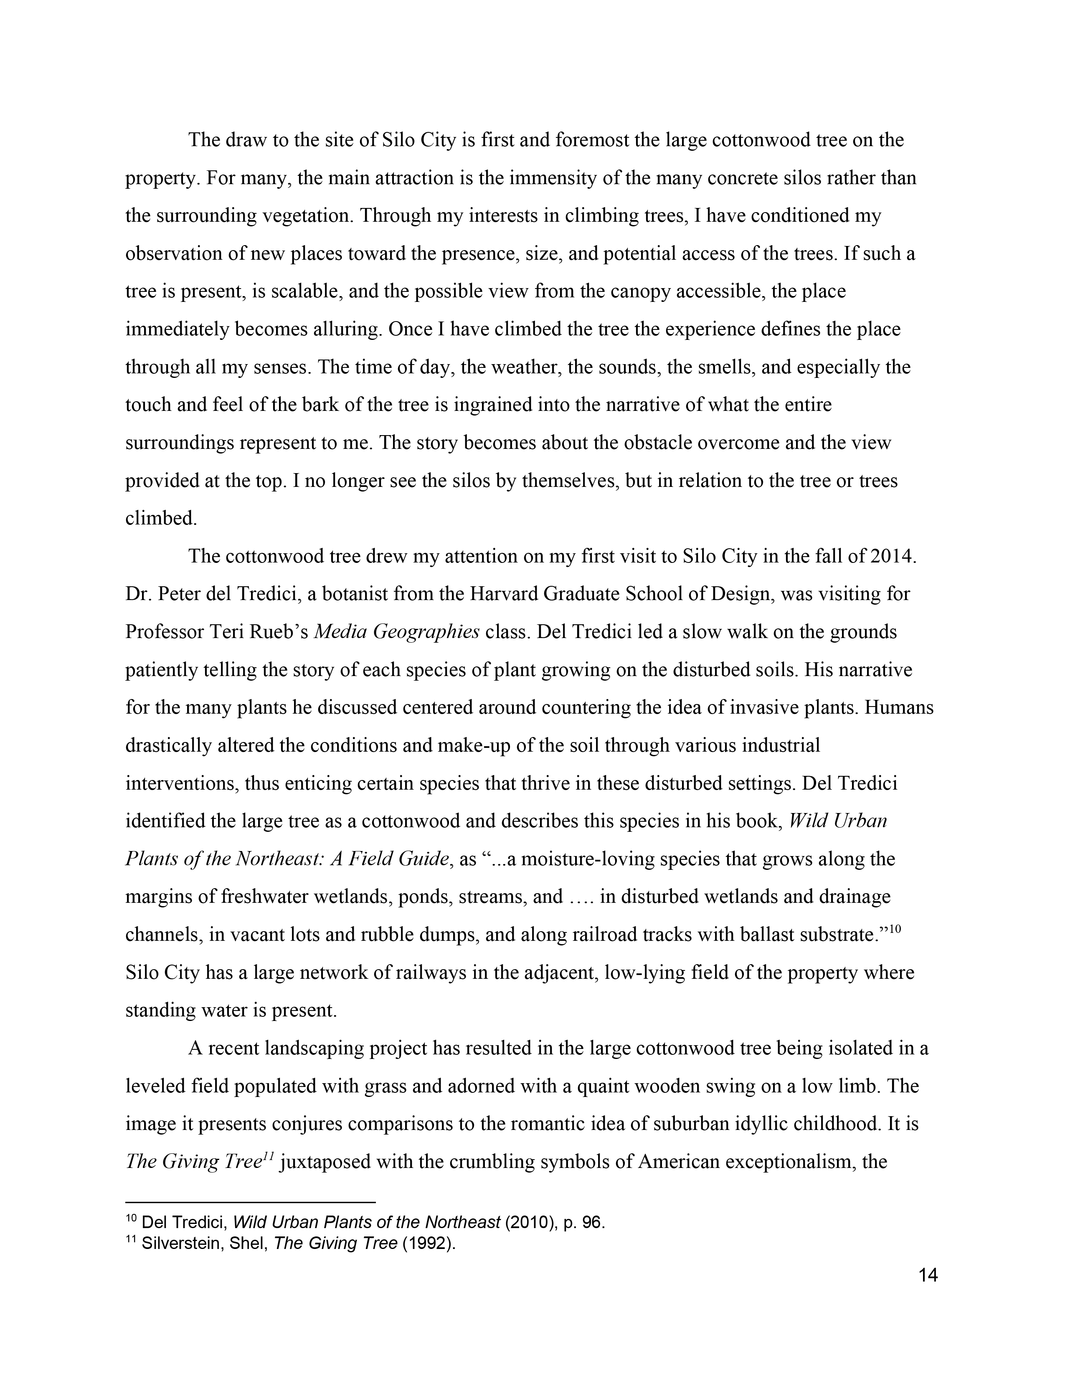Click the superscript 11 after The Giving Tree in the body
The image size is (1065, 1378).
[268, 1155]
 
